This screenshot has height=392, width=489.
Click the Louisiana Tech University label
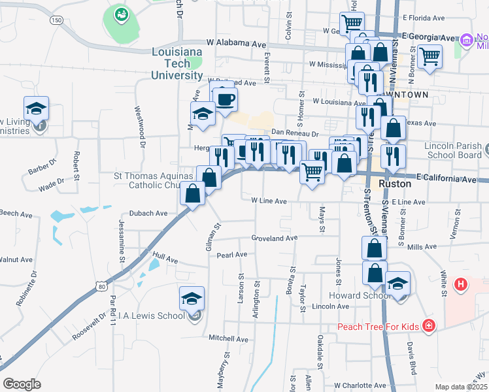point(177,63)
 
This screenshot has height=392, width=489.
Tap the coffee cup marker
point(225,99)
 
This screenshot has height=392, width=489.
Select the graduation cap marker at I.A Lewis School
point(192,299)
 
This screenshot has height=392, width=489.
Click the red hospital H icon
point(461,284)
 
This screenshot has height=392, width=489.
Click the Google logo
point(22,384)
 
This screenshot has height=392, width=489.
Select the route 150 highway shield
point(58,21)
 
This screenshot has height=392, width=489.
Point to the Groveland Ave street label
point(275,238)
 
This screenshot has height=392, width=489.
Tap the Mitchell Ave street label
point(228,339)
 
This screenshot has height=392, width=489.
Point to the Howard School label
point(356,295)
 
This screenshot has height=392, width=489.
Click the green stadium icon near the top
point(121,13)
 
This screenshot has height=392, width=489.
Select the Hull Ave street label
point(165,259)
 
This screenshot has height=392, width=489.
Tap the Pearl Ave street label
point(232,254)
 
